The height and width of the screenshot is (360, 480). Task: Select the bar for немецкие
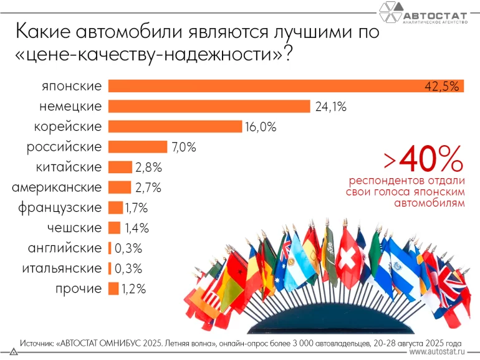209,107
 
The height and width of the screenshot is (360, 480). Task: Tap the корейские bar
175,126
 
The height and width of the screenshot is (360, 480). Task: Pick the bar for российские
138,147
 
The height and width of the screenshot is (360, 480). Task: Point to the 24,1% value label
330,107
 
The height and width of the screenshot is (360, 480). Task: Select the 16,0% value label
261,126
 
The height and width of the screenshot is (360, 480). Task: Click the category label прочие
79,288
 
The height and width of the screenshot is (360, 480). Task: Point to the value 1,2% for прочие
133,288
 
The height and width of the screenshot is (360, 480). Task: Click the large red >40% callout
423,160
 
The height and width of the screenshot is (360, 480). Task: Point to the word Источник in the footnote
37,343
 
